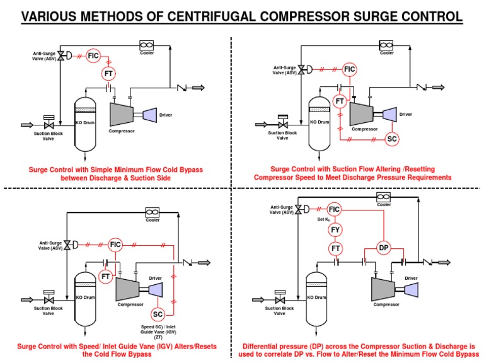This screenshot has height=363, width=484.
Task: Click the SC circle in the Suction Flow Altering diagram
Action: click(391, 139)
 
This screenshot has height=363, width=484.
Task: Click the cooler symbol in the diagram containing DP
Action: click(384, 197)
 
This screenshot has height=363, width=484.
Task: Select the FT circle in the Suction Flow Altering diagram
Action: click(340, 101)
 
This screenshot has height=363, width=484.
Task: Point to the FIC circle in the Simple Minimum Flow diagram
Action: click(93, 56)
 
